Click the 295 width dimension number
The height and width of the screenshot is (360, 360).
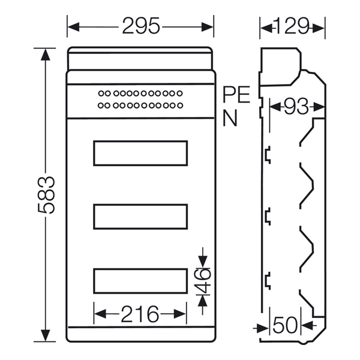pos(141,26)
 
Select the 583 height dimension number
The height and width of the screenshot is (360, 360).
pos(46,195)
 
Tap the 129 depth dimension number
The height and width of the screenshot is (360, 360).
pos(292,26)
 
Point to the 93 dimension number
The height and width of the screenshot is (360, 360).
pos(296,107)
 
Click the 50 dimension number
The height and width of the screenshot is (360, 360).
pos(285,325)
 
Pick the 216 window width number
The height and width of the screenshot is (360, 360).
pos(140,314)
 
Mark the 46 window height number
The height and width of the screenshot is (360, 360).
pos(202,281)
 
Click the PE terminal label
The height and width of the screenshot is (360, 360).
pos(236,94)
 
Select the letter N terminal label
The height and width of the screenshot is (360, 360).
pos(230,118)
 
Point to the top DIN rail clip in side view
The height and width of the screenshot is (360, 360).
pos(268,155)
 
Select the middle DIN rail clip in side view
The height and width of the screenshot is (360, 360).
pos(268,216)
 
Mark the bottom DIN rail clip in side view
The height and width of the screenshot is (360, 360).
pos(268,281)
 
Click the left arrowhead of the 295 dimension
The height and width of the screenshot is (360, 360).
pos(73,27)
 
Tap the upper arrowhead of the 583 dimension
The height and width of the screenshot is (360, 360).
pos(46,55)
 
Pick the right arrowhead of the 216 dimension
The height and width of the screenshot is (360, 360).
pos(180,314)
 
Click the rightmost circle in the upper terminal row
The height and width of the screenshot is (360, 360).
pos(180,94)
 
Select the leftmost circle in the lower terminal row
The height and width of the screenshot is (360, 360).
pos(101,106)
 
